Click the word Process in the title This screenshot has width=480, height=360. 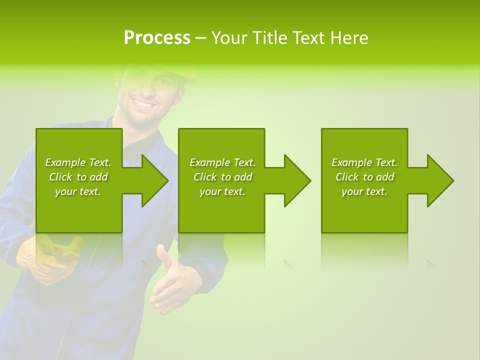(157, 38)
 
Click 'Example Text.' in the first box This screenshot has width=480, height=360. (78, 162)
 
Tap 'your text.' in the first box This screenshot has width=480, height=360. (78, 191)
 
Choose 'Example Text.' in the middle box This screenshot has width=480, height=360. (222, 162)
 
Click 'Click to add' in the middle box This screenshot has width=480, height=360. (222, 177)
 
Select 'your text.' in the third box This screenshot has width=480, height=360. (364, 191)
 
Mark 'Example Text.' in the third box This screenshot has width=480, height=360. (364, 162)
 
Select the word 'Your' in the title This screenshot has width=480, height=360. (228, 38)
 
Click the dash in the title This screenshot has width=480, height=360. (200, 38)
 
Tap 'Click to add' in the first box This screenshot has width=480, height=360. (78, 177)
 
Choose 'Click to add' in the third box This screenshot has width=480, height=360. (364, 177)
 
